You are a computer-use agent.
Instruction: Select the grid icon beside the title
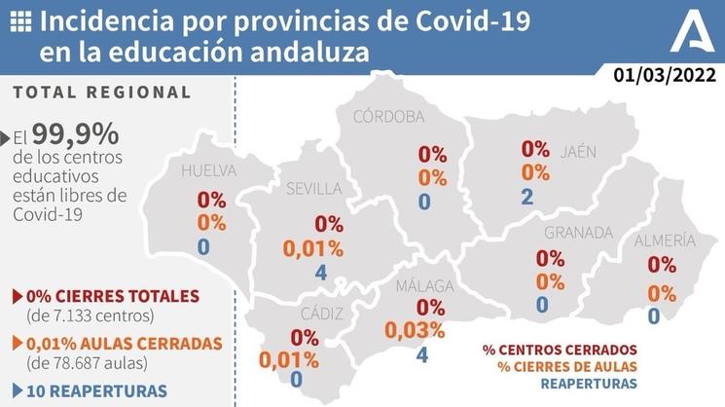click(x=19, y=20)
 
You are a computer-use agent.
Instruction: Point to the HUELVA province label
click(x=209, y=171)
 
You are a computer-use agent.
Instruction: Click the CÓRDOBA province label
click(x=388, y=117)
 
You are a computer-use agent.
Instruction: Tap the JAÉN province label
click(x=578, y=151)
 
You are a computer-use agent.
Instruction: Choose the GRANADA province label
click(x=578, y=233)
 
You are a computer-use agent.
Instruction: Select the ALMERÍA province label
click(x=665, y=240)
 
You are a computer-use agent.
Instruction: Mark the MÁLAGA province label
click(x=424, y=286)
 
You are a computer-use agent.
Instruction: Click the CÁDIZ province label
click(x=301, y=314)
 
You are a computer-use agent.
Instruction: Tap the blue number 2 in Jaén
click(x=526, y=197)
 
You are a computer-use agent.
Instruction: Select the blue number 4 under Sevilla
click(x=321, y=273)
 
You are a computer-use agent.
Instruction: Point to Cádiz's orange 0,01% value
click(x=289, y=359)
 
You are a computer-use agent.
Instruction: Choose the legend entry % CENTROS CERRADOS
click(x=560, y=349)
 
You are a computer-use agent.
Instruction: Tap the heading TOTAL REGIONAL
click(x=102, y=92)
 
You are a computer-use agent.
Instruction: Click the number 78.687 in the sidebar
click(x=83, y=363)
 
